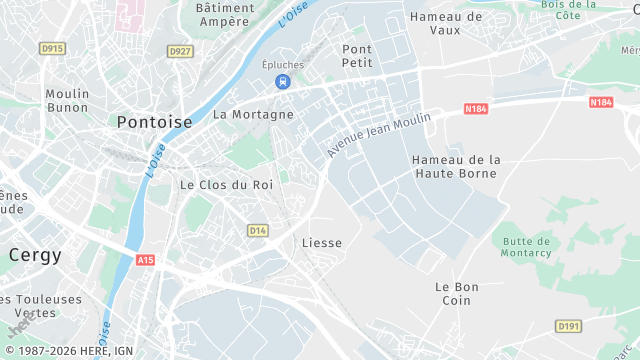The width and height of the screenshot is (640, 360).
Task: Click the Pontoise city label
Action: [154, 122]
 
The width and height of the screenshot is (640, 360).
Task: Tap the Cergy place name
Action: [35, 255]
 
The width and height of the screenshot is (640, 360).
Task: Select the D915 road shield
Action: [52, 48]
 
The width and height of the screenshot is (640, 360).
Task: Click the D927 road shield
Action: [180, 51]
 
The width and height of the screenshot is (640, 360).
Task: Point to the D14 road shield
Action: [258, 231]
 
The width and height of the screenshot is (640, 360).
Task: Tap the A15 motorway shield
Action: [146, 260]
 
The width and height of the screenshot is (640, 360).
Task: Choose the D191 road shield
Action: [568, 326]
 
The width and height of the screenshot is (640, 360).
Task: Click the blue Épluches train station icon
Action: [284, 81]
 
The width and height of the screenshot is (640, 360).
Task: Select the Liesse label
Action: [322, 243]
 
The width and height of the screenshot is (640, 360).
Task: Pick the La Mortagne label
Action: [254, 114]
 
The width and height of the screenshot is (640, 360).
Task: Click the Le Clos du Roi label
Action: [226, 185]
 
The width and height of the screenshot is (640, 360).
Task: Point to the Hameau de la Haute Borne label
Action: [456, 166]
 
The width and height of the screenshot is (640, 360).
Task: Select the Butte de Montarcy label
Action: [527, 247]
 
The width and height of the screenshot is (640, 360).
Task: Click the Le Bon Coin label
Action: [456, 294]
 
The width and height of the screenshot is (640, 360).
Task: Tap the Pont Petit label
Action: [357, 55]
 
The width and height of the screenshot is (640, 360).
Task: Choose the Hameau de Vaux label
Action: [447, 23]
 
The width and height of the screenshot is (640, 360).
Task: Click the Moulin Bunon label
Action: [67, 101]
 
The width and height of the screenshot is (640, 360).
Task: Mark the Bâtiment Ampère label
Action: [223, 14]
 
